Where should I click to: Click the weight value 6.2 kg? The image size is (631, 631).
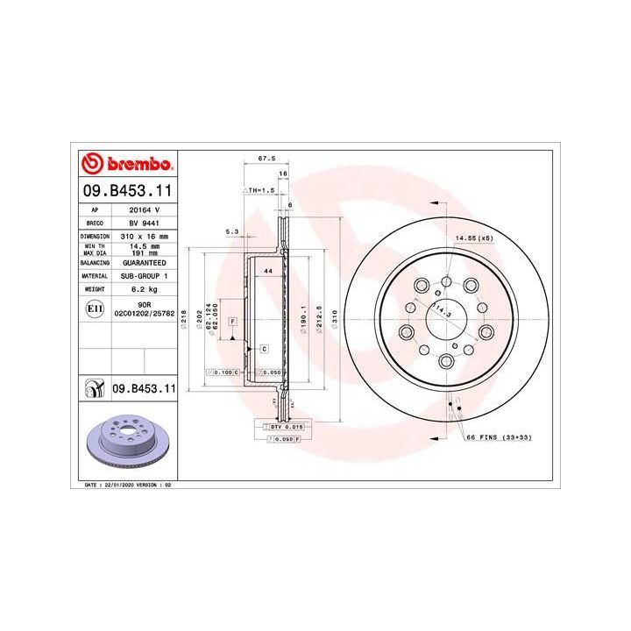[144, 287]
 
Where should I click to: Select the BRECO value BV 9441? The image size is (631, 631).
[144, 223]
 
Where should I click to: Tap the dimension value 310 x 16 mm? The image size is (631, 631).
[144, 237]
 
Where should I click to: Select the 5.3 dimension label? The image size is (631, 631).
[232, 231]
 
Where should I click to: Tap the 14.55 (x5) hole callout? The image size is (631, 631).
[472, 238]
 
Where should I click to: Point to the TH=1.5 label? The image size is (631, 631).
[259, 189]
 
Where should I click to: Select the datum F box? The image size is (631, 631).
[233, 323]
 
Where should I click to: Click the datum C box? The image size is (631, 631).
[263, 349]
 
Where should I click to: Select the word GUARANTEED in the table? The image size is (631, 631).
[144, 262]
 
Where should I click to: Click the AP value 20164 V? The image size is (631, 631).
[144, 210]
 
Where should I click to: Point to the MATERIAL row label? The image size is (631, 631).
[95, 274]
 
